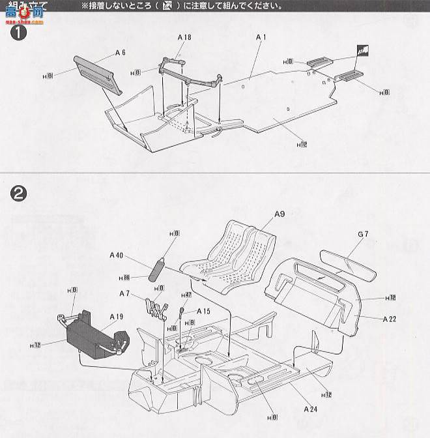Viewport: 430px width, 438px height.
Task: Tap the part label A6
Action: [120, 52]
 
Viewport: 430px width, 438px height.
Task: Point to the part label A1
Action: [261, 38]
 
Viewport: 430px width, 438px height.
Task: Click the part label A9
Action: [279, 214]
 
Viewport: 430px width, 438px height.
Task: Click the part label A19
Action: [116, 317]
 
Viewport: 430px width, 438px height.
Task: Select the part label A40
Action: [117, 255]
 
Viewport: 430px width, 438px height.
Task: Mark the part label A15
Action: [203, 311]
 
